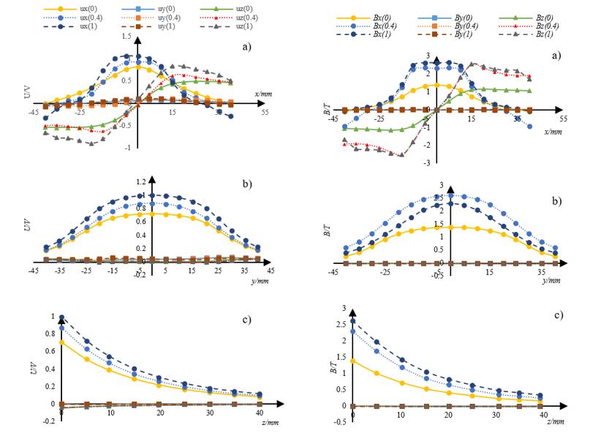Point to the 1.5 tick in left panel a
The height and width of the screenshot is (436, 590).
click(x=127, y=36)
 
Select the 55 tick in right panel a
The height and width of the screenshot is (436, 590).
click(x=563, y=118)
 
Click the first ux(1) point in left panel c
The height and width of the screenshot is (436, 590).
click(x=61, y=317)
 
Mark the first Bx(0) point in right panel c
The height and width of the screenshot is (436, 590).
click(x=353, y=361)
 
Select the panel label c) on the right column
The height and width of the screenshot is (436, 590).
click(x=557, y=315)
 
